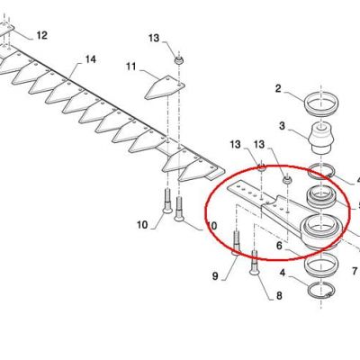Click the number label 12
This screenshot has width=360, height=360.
pyautogui.click(x=42, y=35)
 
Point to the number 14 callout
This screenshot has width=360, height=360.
pyautogui.click(x=91, y=59)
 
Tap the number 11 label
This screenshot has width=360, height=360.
pyautogui.click(x=131, y=67)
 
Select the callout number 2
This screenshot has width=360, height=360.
pyautogui.click(x=278, y=89)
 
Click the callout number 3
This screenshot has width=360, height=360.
pyautogui.click(x=282, y=126)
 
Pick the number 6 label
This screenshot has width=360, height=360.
pyautogui.click(x=279, y=246)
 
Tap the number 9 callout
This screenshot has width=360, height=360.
pyautogui.click(x=355, y=271)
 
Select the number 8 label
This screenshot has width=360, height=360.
pyautogui.click(x=279, y=296)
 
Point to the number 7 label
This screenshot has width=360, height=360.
pyautogui.click(x=215, y=276)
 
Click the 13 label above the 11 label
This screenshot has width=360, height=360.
pyautogui.click(x=154, y=38)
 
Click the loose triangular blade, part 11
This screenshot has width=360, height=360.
pyautogui.click(x=165, y=87)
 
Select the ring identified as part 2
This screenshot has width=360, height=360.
pyautogui.click(x=321, y=104)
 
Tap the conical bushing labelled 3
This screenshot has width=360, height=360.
pyautogui.click(x=321, y=138)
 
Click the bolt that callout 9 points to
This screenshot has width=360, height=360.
pyautogui.click(x=237, y=242)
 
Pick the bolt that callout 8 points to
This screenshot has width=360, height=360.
pyautogui.click(x=254, y=262)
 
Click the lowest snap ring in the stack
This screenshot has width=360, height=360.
pyautogui.click(x=320, y=290)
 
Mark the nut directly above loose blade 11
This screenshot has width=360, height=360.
pyautogui.click(x=179, y=59)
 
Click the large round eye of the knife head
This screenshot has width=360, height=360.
pyautogui.click(x=320, y=231)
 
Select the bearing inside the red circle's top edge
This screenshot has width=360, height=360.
pyautogui.click(x=321, y=198)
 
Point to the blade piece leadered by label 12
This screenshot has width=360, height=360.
pyautogui.click(x=6, y=29)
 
